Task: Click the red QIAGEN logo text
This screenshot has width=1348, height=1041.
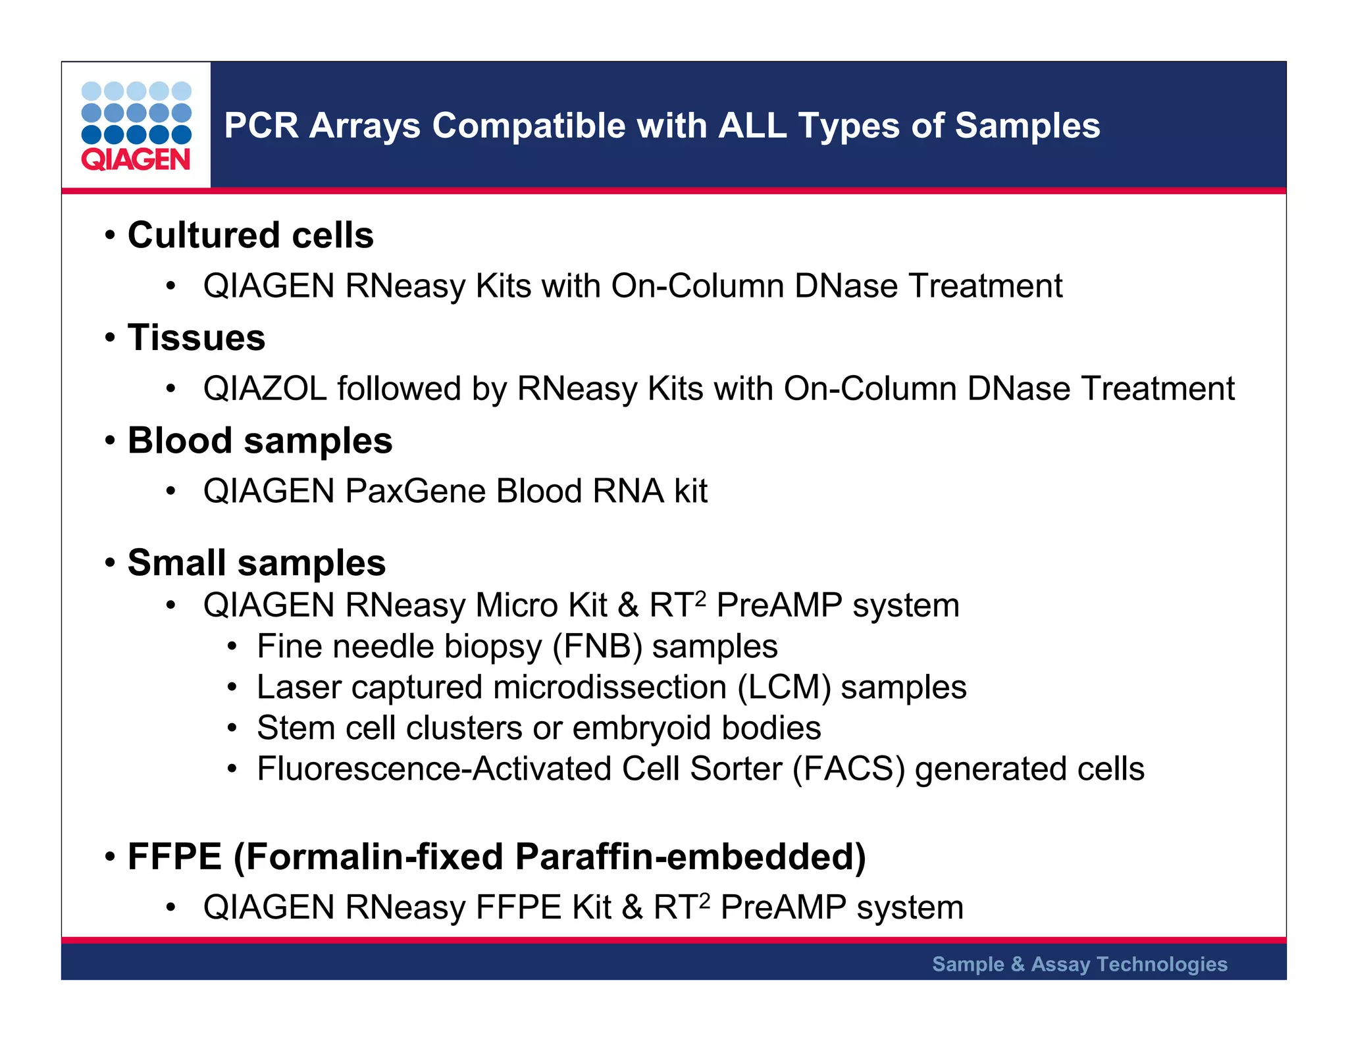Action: [x=136, y=160]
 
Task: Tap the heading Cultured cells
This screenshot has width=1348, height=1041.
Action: [x=250, y=235]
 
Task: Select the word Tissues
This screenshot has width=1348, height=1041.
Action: [x=196, y=338]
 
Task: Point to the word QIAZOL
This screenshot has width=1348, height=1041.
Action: [x=265, y=388]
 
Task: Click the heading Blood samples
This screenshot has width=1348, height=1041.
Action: [x=259, y=440]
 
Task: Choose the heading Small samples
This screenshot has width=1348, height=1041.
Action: [x=256, y=563]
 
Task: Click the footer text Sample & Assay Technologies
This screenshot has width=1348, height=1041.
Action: [x=1079, y=964]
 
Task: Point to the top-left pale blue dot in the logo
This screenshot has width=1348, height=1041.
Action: [x=91, y=91]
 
